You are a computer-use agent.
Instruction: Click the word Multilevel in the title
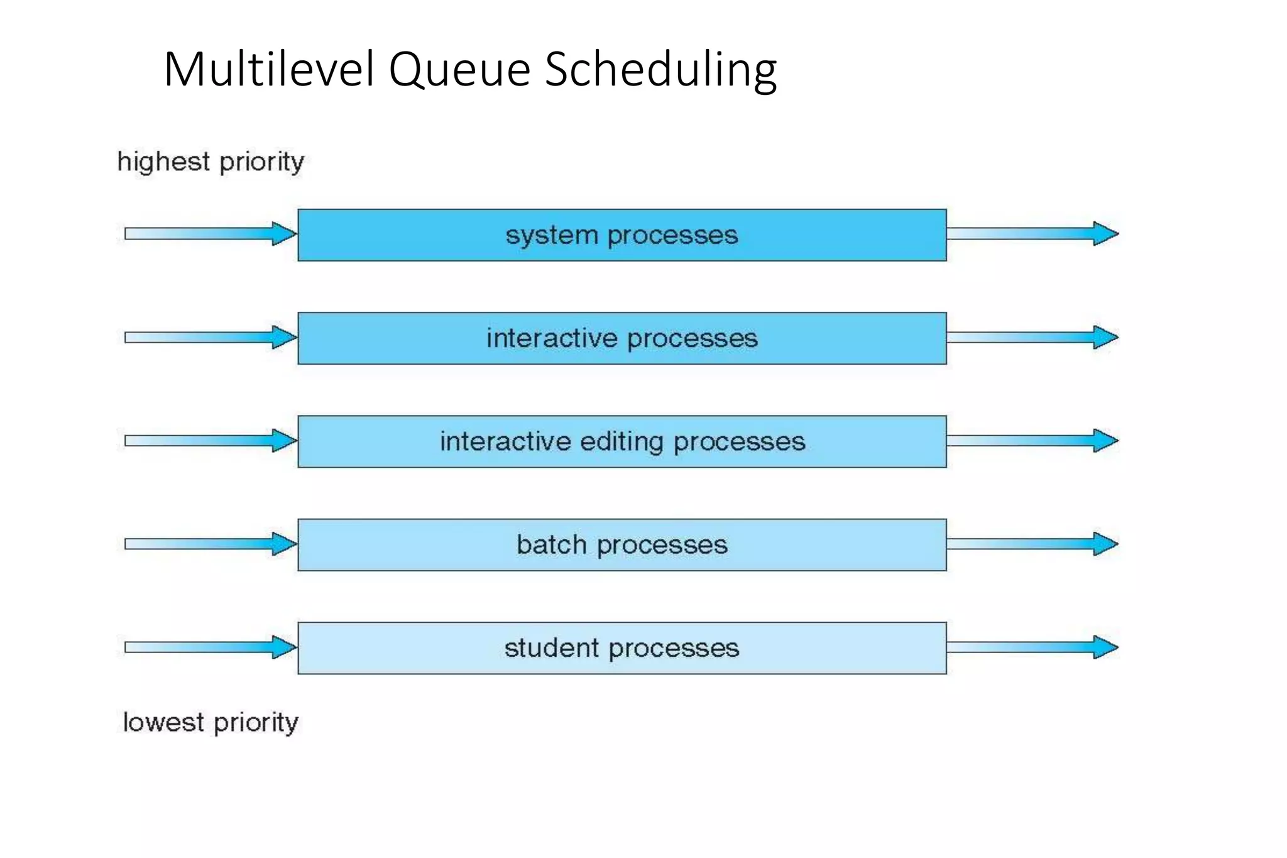(x=269, y=69)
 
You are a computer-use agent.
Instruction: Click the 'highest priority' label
(x=211, y=162)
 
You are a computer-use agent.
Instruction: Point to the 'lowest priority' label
(x=211, y=722)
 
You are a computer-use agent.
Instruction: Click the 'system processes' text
(x=622, y=236)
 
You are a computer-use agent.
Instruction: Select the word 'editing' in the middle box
(x=622, y=441)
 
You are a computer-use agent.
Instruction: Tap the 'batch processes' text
(x=622, y=544)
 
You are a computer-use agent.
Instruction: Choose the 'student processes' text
(x=622, y=648)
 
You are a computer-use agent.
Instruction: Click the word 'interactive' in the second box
(x=552, y=338)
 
